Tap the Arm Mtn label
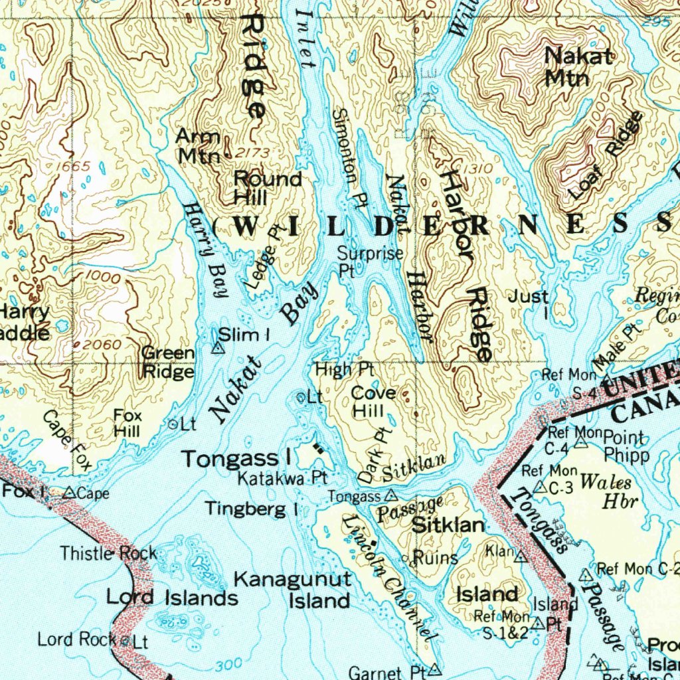pyautogui.click(x=198, y=146)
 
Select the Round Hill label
pyautogui.click(x=268, y=188)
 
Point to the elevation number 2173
pyautogui.click(x=253, y=153)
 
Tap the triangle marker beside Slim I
pyautogui.click(x=216, y=347)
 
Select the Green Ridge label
pyautogui.click(x=169, y=362)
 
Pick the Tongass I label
pyautogui.click(x=238, y=458)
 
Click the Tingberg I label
pyautogui.click(x=251, y=509)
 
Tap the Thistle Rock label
pyautogui.click(x=109, y=552)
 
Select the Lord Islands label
pyautogui.click(x=172, y=598)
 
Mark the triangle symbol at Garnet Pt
pyautogui.click(x=435, y=667)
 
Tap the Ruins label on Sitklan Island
pyautogui.click(x=435, y=558)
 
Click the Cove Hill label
pyautogui.click(x=373, y=402)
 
